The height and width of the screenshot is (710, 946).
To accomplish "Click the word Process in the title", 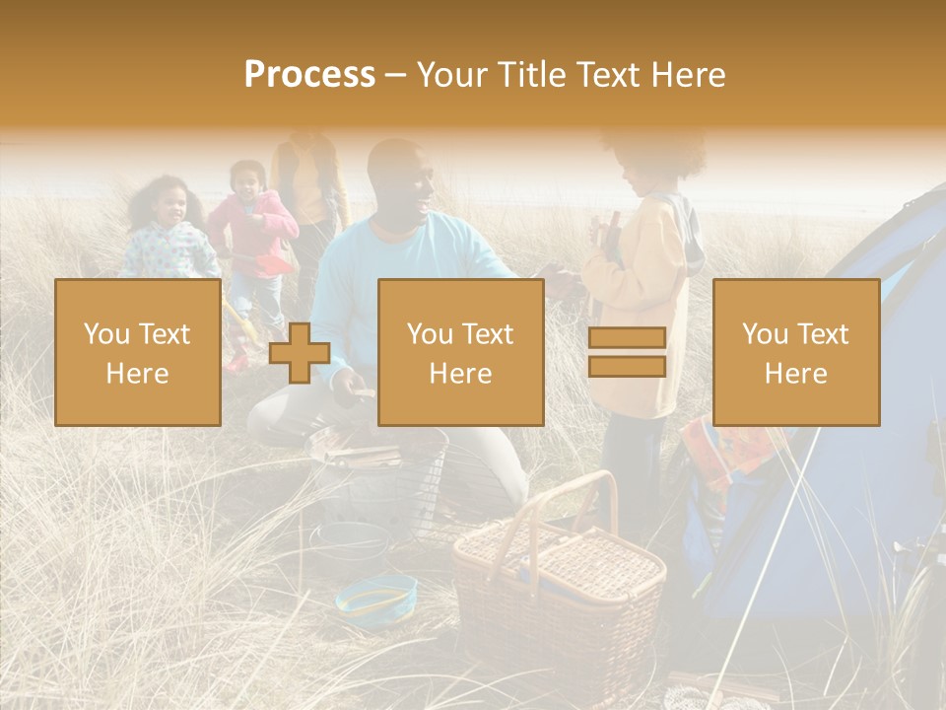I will click(x=309, y=75).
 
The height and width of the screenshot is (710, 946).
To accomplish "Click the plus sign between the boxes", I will click(x=300, y=352).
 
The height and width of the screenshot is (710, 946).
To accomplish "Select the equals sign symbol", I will click(x=627, y=352).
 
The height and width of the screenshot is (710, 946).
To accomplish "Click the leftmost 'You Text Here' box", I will click(x=137, y=352).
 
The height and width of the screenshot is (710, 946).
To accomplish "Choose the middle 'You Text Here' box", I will click(x=460, y=352).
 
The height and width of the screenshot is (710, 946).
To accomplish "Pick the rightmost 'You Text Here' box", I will click(x=795, y=352).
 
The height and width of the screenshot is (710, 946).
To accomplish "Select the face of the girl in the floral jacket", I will click(x=169, y=205).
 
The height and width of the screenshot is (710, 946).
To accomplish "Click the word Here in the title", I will click(x=688, y=75).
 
